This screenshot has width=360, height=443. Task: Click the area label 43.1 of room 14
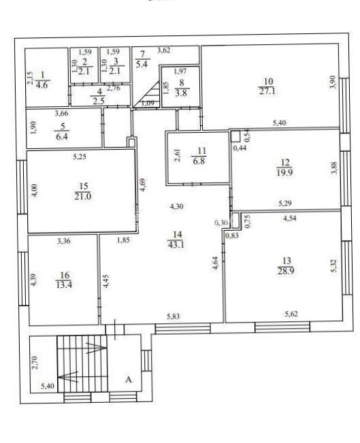click(x=176, y=244)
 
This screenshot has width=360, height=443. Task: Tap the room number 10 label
click(x=268, y=82)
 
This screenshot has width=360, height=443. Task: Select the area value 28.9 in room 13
click(x=286, y=271)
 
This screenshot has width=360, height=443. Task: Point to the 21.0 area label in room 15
click(x=83, y=196)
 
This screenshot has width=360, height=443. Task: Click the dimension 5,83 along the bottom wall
click(x=173, y=316)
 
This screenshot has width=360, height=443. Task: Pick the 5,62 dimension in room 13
click(x=291, y=314)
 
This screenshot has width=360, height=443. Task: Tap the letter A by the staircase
click(x=129, y=379)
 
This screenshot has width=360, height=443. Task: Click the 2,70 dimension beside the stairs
click(x=35, y=363)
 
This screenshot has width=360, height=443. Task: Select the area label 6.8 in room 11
click(x=199, y=161)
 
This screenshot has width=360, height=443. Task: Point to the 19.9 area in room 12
click(x=285, y=172)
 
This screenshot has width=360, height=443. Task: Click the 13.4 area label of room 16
click(x=64, y=284)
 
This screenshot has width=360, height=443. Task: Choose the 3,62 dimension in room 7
click(x=163, y=50)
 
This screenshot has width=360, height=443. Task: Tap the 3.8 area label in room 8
click(x=181, y=93)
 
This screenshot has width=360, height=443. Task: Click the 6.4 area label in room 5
click(x=62, y=137)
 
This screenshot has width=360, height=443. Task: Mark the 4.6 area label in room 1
click(x=42, y=85)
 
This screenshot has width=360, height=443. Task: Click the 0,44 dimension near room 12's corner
click(x=240, y=148)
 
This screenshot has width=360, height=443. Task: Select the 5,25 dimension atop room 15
click(x=80, y=157)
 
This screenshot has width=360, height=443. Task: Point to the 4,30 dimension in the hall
click(x=177, y=206)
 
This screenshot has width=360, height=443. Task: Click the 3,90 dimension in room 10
click(x=333, y=82)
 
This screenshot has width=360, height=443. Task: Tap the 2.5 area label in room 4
click(x=99, y=101)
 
